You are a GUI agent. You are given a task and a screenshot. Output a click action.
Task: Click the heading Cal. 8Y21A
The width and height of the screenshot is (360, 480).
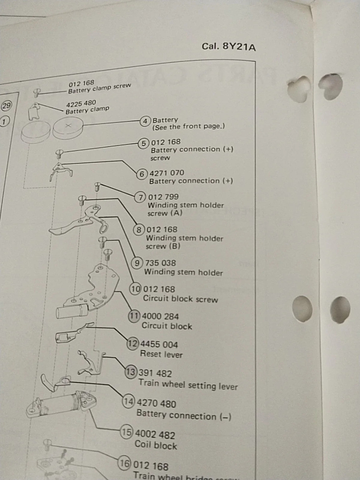229,46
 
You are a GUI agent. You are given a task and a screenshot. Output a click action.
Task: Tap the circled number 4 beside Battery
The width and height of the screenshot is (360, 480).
145,121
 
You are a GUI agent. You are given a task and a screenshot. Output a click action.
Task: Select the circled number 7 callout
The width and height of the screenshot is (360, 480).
140,197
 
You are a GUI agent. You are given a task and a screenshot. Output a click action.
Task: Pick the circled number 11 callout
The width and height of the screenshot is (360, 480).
134,316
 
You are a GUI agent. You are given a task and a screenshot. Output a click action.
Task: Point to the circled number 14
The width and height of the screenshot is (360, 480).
128,401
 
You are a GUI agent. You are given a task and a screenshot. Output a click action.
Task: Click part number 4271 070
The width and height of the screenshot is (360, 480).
167,173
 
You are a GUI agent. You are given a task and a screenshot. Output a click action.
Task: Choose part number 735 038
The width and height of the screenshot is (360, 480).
160,263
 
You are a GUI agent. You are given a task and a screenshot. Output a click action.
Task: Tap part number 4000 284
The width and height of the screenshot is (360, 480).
160,316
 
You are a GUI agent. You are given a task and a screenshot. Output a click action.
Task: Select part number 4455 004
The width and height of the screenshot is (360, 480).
159,344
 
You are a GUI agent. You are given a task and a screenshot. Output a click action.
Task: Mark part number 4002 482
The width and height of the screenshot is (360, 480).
155,435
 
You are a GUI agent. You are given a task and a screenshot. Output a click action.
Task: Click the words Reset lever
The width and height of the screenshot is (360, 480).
161,354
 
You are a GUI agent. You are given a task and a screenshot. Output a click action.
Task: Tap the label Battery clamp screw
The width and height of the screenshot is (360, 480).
100,88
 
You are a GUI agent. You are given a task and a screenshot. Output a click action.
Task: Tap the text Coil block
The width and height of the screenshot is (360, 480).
156,445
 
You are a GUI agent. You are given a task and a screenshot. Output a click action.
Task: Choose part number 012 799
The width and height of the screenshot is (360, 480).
163,197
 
